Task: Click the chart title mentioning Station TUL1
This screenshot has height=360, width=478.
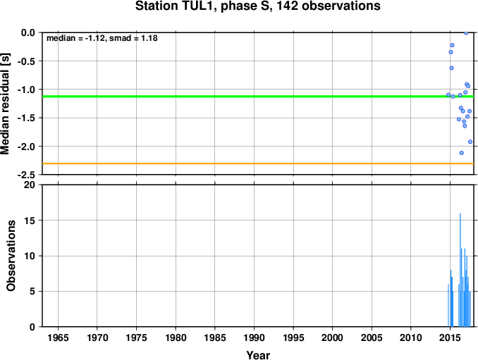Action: tap(257, 6)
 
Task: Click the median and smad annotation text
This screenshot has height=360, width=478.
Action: tap(102, 38)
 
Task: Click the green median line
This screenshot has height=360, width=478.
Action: tap(258, 97)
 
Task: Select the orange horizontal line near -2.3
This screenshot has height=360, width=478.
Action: tap(258, 163)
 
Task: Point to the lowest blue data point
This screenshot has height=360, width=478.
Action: tap(462, 153)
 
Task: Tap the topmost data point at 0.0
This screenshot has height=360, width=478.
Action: tap(466, 33)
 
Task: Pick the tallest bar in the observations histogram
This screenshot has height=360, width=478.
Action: tap(460, 270)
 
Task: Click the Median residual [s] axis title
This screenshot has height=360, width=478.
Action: tap(5, 104)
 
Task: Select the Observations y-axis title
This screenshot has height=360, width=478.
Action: tap(11, 256)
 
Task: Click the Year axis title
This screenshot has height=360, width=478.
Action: tap(258, 355)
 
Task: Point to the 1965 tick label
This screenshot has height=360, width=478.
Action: tap(58, 337)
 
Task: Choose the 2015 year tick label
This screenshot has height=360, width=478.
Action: tap(450, 337)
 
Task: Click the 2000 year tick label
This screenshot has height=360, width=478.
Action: tap(332, 337)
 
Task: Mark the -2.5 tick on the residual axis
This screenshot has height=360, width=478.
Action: tap(26, 175)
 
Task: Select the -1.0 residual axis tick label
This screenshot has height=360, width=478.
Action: tap(26, 89)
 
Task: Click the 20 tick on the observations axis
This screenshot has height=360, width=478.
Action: tap(30, 185)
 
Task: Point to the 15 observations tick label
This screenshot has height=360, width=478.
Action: tap(30, 221)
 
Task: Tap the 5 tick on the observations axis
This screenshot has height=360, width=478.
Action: tap(32, 291)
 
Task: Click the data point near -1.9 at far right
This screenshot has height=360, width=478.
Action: tap(470, 142)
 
